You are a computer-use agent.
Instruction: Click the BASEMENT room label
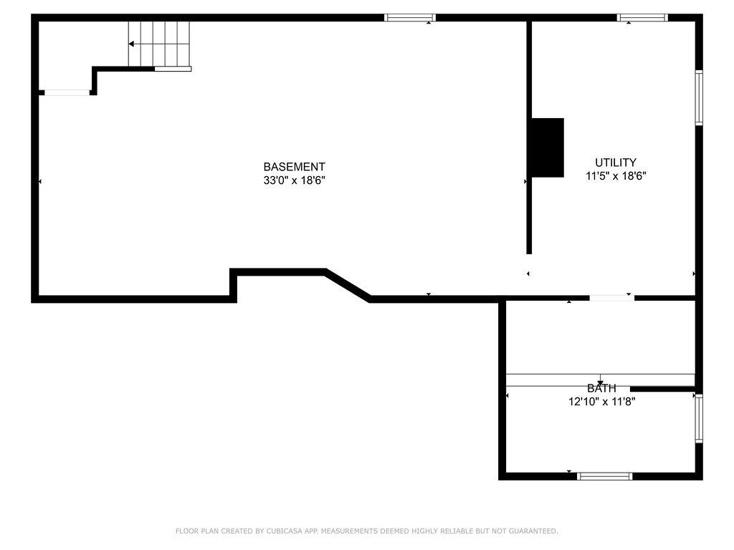294,167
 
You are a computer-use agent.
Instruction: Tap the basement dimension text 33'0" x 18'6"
294,180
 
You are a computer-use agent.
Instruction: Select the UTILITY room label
616,163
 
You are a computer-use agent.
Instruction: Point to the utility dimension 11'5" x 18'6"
616,176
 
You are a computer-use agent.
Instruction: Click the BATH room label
601,388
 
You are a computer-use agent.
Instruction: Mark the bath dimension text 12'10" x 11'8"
601,402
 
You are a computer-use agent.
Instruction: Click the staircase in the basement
159,44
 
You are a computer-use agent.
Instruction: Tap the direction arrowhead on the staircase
132,44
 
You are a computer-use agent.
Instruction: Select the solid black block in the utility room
548,148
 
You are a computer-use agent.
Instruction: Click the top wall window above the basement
410,18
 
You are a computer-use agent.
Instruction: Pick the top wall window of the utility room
642,18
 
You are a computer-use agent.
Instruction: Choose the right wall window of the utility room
699,97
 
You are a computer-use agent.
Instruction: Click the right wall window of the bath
699,418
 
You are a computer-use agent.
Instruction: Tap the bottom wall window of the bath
605,476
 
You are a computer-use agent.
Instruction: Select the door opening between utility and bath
612,298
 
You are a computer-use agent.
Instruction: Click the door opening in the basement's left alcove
67,92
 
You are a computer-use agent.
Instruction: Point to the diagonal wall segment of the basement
348,285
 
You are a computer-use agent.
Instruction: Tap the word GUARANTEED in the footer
533,531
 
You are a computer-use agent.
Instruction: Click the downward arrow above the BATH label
601,380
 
